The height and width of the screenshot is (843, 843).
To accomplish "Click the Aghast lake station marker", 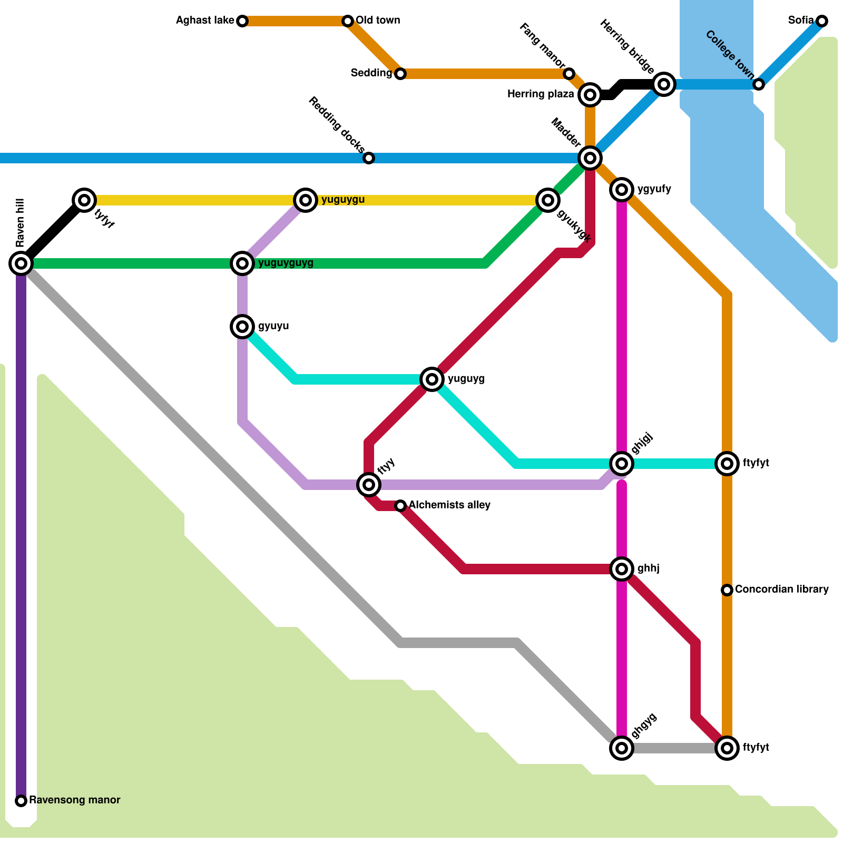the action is [242, 21].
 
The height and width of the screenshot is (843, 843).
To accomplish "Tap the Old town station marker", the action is [348, 21].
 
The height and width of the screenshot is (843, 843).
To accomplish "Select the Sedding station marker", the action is [400, 74].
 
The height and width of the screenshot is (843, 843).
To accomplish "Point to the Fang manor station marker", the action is [569, 74].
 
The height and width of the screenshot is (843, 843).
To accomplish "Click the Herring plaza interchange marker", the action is [590, 95].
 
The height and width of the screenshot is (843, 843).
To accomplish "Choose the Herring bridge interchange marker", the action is [664, 84].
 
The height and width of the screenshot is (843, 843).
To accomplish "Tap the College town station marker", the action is [759, 84].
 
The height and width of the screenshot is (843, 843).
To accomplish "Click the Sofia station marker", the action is [822, 21].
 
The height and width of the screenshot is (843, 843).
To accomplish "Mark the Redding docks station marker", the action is [369, 158].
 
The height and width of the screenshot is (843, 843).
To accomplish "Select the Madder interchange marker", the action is [590, 158].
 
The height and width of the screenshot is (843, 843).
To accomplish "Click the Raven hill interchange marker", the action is [21, 263].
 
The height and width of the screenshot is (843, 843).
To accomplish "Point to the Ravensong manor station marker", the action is [21, 801].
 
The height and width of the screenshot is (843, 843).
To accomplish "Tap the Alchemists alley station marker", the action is [400, 506].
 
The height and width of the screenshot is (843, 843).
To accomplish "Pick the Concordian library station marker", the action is [727, 590].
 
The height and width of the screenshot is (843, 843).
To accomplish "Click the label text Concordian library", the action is [781, 589].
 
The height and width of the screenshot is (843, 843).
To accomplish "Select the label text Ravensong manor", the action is [74, 800].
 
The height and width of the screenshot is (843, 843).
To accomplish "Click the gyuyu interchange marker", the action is [242, 327].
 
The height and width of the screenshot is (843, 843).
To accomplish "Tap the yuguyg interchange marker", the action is [432, 379].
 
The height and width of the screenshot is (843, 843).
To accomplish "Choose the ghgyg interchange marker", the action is [622, 748].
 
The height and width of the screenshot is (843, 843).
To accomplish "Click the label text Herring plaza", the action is [540, 94].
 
